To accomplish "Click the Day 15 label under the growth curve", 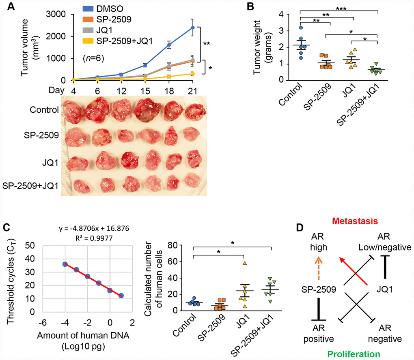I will tap(145, 88).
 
